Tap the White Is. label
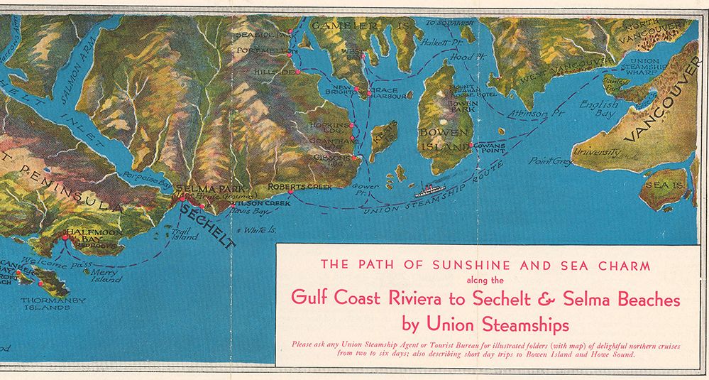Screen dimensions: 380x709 (256, 230)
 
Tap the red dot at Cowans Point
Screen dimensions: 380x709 (471, 146)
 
